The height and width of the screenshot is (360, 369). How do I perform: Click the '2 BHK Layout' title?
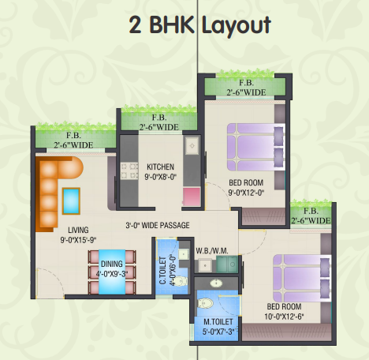[200, 24]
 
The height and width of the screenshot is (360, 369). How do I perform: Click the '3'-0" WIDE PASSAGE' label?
[158, 225]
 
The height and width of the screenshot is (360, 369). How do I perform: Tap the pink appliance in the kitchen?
[190, 197]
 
